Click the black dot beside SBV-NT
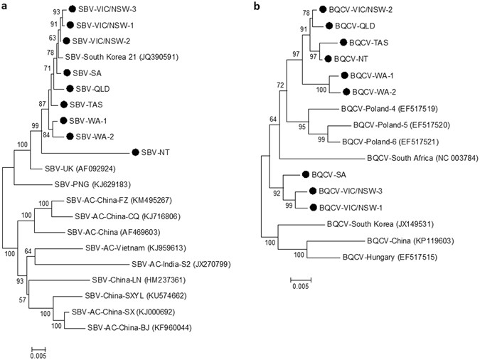click(x=134, y=152)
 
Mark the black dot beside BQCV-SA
click(x=305, y=174)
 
